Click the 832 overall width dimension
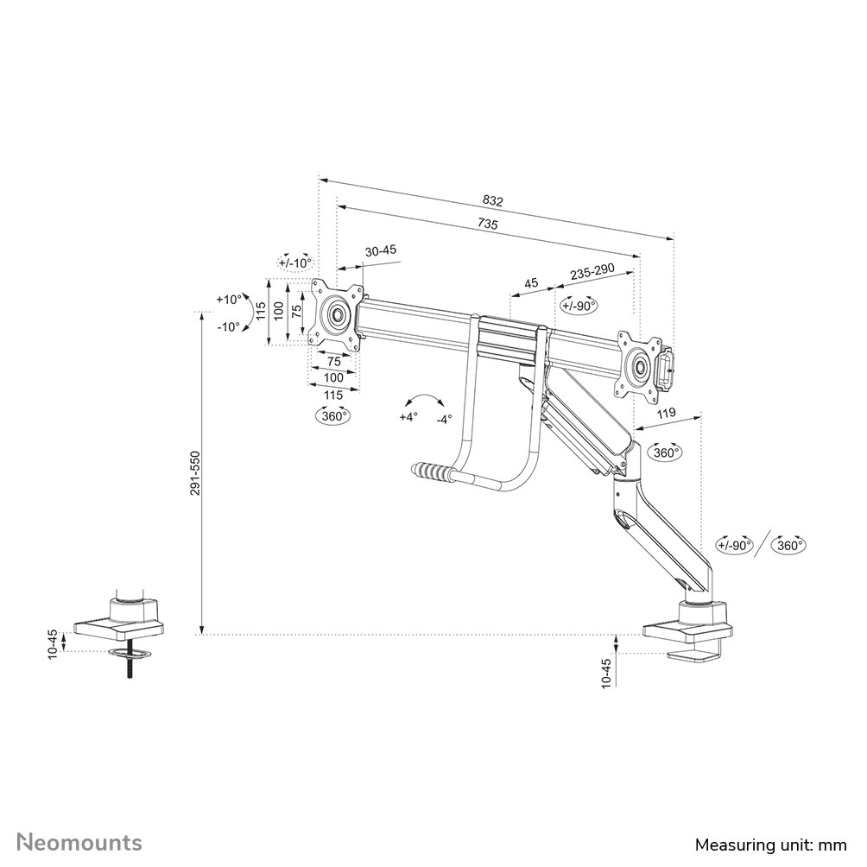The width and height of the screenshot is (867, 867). point(492,200)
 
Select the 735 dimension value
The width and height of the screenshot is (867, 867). point(488,224)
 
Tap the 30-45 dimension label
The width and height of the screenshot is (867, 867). point(381,250)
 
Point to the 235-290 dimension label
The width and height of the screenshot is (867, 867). point(592,271)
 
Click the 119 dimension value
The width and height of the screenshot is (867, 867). point(666,414)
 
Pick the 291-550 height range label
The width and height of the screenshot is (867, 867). point(197,472)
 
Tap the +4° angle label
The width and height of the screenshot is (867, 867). point(408,416)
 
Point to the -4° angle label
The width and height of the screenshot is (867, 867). point(443,419)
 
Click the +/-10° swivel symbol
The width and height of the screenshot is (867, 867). point(294,263)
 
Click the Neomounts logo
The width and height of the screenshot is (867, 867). point(80,842)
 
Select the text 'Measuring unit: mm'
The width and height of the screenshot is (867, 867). point(772,844)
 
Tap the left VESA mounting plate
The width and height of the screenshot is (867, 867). point(335,314)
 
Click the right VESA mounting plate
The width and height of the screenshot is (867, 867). point(640,365)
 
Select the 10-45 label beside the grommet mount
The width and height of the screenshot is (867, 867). point(54,645)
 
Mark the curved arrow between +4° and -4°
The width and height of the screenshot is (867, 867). point(425,399)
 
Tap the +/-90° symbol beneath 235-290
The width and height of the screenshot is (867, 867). point(579,305)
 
